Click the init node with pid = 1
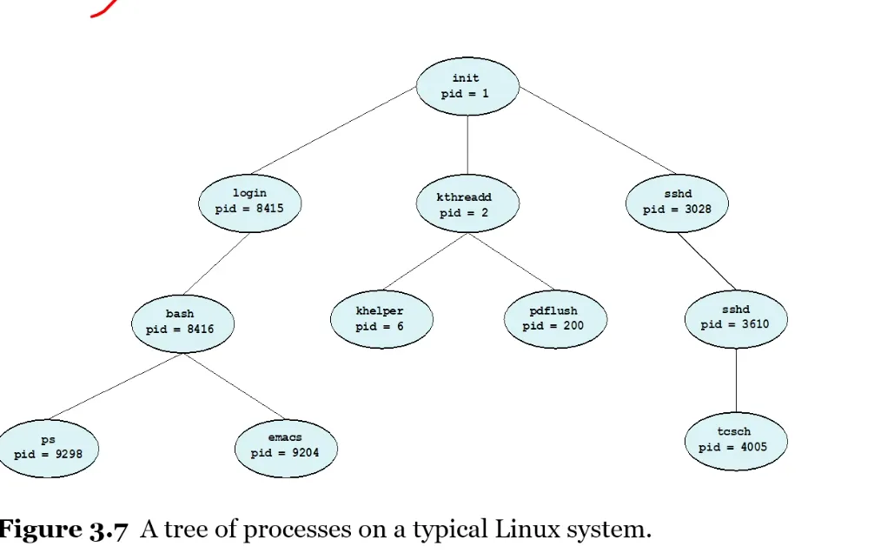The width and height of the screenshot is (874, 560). pyautogui.click(x=467, y=86)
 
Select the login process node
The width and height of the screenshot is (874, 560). pyautogui.click(x=249, y=201)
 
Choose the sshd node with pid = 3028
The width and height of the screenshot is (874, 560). pyautogui.click(x=677, y=202)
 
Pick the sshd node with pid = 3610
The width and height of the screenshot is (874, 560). pyautogui.click(x=735, y=317)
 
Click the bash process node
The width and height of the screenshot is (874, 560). pyautogui.click(x=181, y=322)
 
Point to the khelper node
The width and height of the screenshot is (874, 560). pyautogui.click(x=381, y=319)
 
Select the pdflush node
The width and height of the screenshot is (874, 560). pyautogui.click(x=554, y=319)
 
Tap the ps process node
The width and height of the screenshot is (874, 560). pyautogui.click(x=49, y=447)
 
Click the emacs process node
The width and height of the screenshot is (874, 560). pyautogui.click(x=285, y=445)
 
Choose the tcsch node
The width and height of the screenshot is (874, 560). pyautogui.click(x=734, y=440)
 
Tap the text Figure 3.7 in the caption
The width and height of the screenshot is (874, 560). pyautogui.click(x=63, y=529)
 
